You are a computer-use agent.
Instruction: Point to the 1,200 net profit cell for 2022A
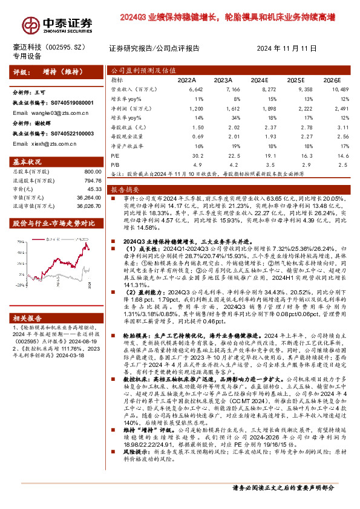tap(188, 108)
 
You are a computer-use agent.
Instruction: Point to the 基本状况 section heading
tap(27, 163)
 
